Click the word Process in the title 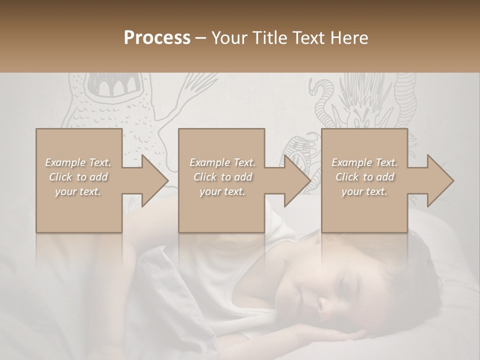(157, 38)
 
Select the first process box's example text (78, 177)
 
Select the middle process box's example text (222, 177)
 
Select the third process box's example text (364, 177)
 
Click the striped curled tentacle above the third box (323, 95)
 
